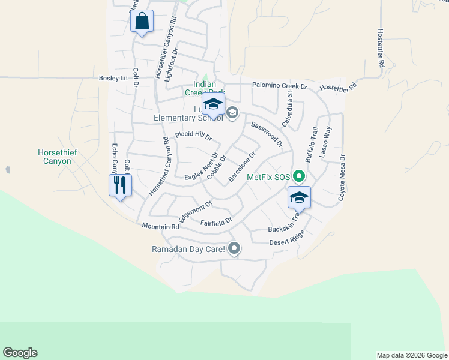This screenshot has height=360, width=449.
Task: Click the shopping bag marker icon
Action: click(x=142, y=22)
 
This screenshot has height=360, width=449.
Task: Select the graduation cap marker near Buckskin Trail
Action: click(x=298, y=197)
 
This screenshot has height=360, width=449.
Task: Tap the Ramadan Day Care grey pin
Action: click(x=234, y=248)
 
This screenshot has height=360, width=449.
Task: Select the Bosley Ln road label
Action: click(x=114, y=79)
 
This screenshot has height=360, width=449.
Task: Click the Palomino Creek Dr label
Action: click(x=279, y=86)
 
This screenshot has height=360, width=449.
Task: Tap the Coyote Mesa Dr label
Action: click(x=343, y=178)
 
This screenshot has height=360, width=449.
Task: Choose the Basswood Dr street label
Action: click(x=267, y=134)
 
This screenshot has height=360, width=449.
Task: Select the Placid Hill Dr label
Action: click(x=193, y=136)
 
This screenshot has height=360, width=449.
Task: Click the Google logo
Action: click(x=20, y=353)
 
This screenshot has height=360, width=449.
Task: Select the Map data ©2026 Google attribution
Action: click(x=412, y=355)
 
